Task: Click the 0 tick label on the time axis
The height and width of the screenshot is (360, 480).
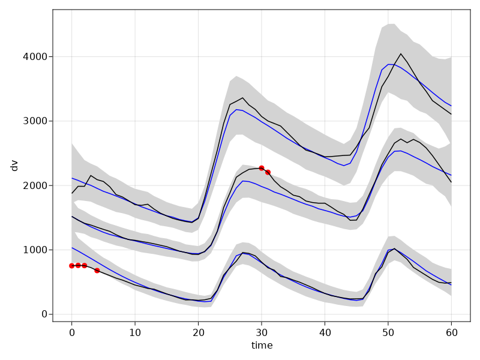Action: [72, 332]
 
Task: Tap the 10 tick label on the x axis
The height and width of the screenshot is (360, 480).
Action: [135, 332]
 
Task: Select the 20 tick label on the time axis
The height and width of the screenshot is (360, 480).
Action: [199, 332]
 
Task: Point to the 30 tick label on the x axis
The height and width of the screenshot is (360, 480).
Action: [262, 332]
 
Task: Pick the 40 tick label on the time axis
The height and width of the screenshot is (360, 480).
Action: [325, 332]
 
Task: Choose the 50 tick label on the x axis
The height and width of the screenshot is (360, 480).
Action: [388, 332]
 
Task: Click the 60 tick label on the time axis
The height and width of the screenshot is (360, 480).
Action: [451, 332]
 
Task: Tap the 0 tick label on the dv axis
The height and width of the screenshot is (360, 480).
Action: [44, 314]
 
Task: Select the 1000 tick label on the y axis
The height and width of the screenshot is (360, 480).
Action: [35, 250]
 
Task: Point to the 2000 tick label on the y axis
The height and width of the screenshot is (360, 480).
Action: [35, 185]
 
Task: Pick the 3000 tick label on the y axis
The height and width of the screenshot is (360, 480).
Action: [35, 121]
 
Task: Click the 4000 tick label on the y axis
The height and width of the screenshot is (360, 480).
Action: [35, 57]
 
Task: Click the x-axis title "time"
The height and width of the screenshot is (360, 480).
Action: [262, 346]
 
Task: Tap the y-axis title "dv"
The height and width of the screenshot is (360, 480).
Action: [15, 166]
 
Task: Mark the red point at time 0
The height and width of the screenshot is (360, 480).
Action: [72, 266]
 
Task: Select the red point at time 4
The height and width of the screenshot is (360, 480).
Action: [97, 271]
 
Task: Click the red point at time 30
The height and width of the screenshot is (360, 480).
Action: [262, 168]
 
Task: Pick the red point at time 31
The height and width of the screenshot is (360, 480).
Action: [268, 172]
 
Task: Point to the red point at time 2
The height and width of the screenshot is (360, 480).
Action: [85, 265]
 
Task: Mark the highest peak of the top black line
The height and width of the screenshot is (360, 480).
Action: [401, 54]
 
